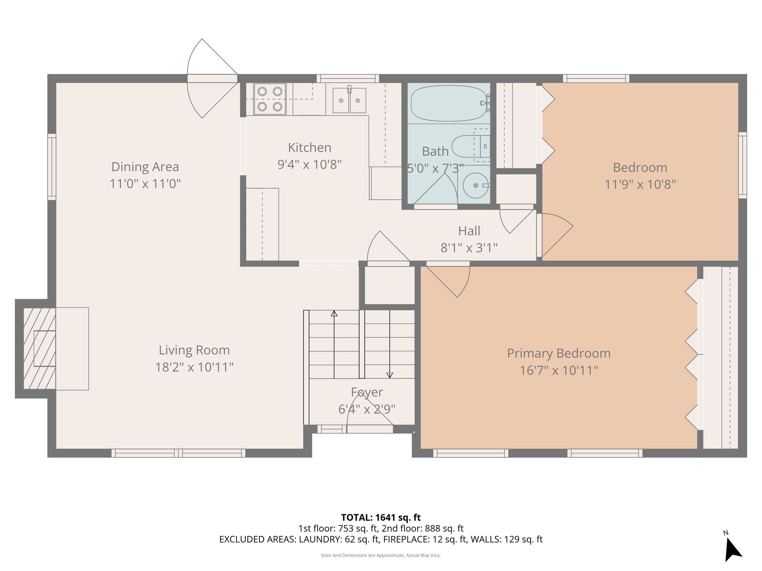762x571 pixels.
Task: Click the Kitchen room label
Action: (309, 148)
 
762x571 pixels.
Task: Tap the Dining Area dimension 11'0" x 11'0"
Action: (145, 184)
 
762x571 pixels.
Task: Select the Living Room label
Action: (194, 350)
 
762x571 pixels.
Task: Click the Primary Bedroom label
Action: (558, 353)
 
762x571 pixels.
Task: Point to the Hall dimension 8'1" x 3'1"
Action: (469, 248)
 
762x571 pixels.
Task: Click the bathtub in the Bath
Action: (448, 103)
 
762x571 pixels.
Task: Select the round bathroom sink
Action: (476, 185)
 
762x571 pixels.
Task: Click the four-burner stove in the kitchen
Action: (270, 99)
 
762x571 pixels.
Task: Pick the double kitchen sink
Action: (349, 100)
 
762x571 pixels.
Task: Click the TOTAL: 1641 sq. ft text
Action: (381, 517)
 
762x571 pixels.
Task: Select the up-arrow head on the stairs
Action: (334, 314)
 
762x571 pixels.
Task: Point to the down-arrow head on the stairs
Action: (390, 375)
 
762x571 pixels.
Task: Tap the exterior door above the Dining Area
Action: (212, 78)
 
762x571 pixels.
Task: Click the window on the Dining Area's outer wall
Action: (52, 167)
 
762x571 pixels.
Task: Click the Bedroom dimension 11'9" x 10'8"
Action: (640, 184)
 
